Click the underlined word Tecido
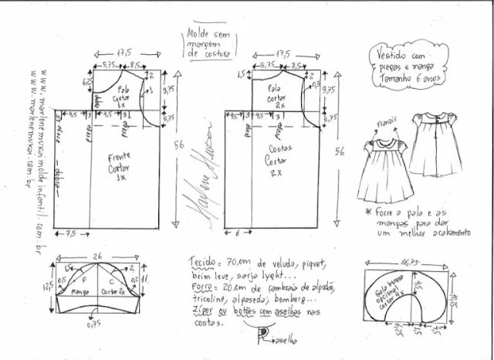tap(202, 262)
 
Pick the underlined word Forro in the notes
tap(201, 287)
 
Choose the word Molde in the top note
tap(198, 34)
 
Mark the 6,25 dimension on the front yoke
tap(89, 83)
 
